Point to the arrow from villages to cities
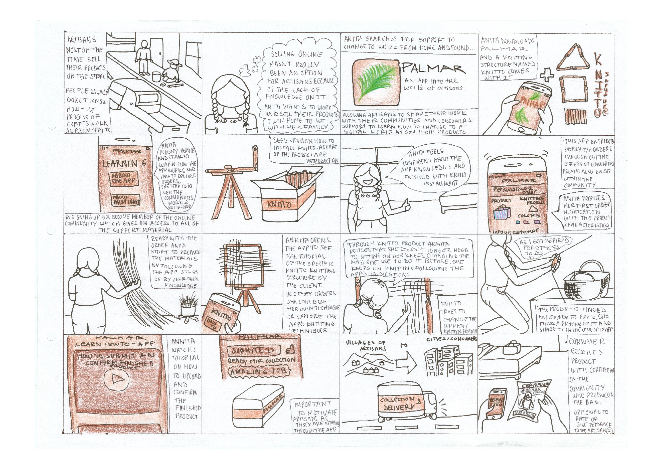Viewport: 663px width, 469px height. pos(406,363)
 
